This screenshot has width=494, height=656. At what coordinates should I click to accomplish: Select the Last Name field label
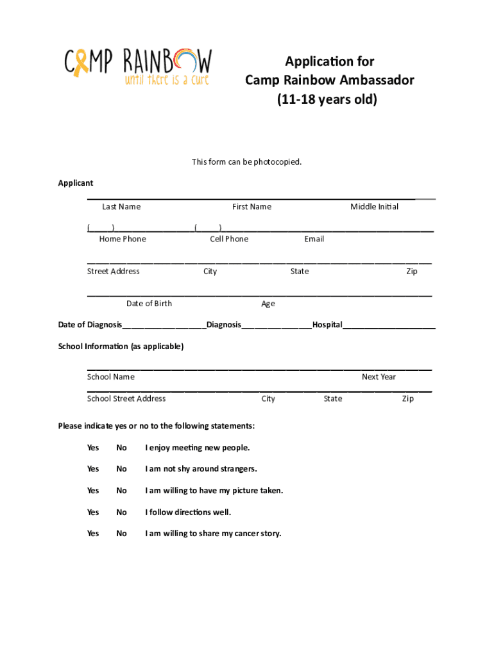point(121,207)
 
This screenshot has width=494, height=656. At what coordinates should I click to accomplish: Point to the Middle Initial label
point(374,207)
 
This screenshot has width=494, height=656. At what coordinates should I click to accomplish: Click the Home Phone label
point(123,239)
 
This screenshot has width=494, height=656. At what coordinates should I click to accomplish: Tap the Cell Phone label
point(229,239)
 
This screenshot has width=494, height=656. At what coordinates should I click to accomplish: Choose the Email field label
point(314,239)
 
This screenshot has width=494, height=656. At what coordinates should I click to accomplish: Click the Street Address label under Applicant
point(114,272)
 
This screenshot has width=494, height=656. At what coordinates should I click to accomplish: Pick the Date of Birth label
point(149,304)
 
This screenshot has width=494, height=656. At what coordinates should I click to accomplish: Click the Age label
point(268,304)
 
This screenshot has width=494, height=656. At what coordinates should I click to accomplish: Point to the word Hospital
point(327,325)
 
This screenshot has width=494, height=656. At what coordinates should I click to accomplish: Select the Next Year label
point(379,377)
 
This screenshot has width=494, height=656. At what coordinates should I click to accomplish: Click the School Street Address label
point(126,399)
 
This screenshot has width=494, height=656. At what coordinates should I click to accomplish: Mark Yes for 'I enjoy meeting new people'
point(93,448)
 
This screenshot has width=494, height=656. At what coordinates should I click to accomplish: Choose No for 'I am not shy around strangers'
point(121,469)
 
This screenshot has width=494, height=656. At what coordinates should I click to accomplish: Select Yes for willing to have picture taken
point(93,491)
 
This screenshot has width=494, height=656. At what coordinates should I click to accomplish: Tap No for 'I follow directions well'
point(121,512)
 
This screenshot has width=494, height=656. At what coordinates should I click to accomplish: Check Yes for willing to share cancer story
point(93,534)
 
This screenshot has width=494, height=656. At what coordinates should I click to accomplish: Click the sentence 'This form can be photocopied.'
point(246,162)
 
